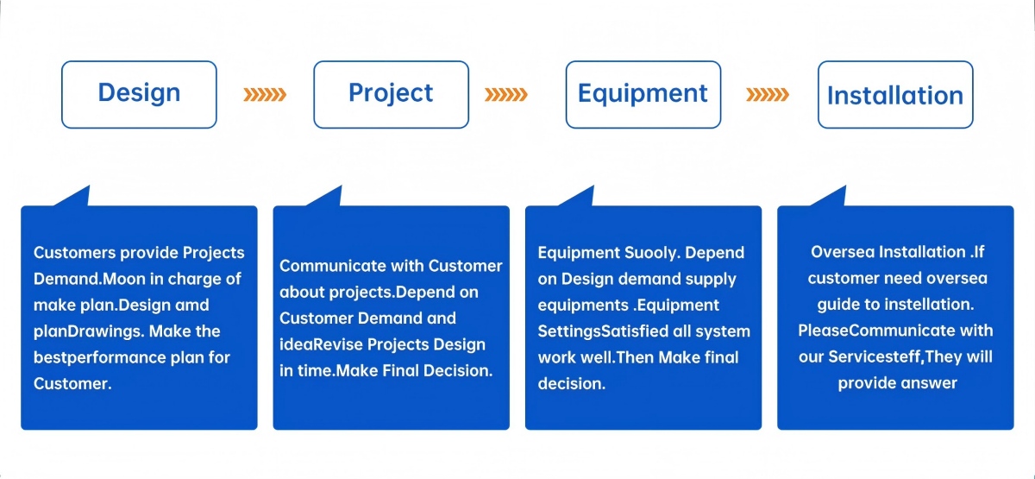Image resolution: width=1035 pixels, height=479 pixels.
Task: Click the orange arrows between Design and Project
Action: (x=265, y=94)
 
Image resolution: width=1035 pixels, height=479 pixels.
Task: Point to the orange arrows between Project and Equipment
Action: (x=506, y=94)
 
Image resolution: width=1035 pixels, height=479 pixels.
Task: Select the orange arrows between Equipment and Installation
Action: (x=768, y=94)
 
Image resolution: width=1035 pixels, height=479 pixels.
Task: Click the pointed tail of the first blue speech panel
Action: (x=89, y=186)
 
